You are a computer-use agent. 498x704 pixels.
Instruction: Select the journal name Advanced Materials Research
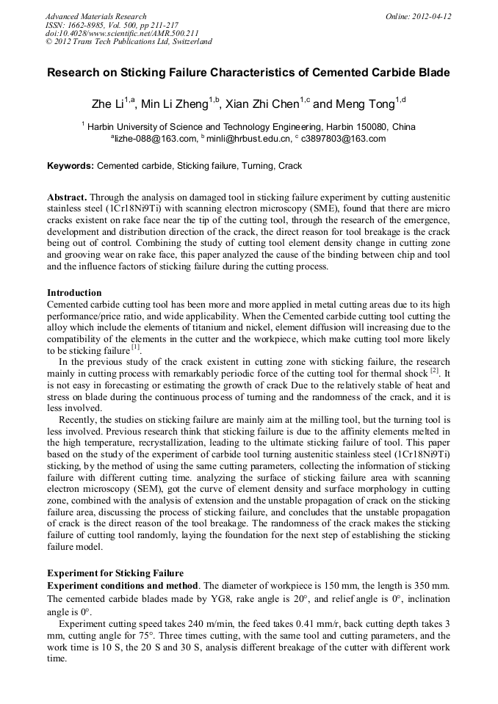(95, 16)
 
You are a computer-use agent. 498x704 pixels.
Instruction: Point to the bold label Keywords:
(71, 167)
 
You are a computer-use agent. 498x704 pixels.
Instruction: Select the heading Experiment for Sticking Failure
(115, 573)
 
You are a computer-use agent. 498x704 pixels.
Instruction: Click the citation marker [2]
(434, 370)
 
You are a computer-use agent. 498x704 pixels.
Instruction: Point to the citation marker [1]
(135, 347)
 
